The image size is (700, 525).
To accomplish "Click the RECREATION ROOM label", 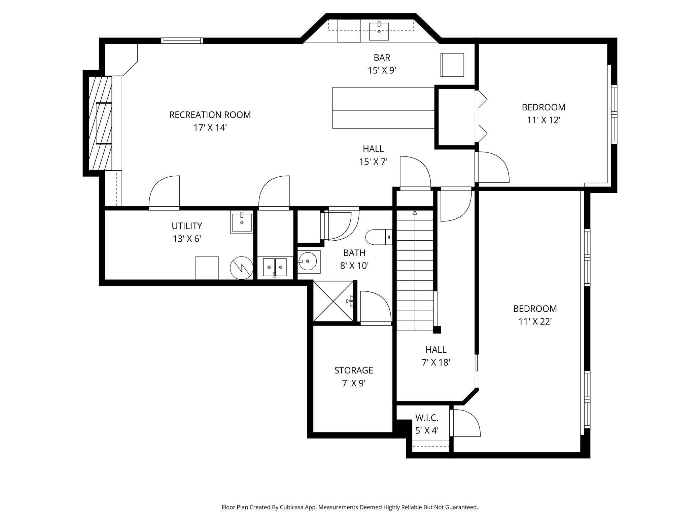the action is (x=210, y=115).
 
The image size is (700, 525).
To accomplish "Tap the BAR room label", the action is (x=382, y=58).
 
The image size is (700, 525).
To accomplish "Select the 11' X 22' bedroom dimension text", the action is (x=535, y=321).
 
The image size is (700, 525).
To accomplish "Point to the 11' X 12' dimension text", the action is (x=544, y=120).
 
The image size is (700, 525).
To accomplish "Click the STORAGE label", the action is (x=354, y=370).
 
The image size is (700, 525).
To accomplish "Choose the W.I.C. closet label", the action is (x=427, y=418).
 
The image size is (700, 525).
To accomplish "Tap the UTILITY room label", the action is (x=187, y=225).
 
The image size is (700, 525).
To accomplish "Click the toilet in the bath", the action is (x=379, y=237).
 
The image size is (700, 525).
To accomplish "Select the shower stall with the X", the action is (x=334, y=301).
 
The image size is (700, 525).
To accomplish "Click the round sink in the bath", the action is (x=307, y=261).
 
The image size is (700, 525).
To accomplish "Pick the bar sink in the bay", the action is (x=379, y=31).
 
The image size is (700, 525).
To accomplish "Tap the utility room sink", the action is (x=241, y=222).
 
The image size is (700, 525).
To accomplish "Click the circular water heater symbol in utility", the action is (x=242, y=268).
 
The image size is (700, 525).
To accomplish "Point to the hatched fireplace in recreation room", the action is (x=100, y=123).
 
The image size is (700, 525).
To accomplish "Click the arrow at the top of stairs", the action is (x=415, y=213).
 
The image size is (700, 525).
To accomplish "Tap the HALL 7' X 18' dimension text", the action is (x=436, y=362).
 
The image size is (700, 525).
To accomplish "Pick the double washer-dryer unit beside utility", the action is (x=275, y=267).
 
